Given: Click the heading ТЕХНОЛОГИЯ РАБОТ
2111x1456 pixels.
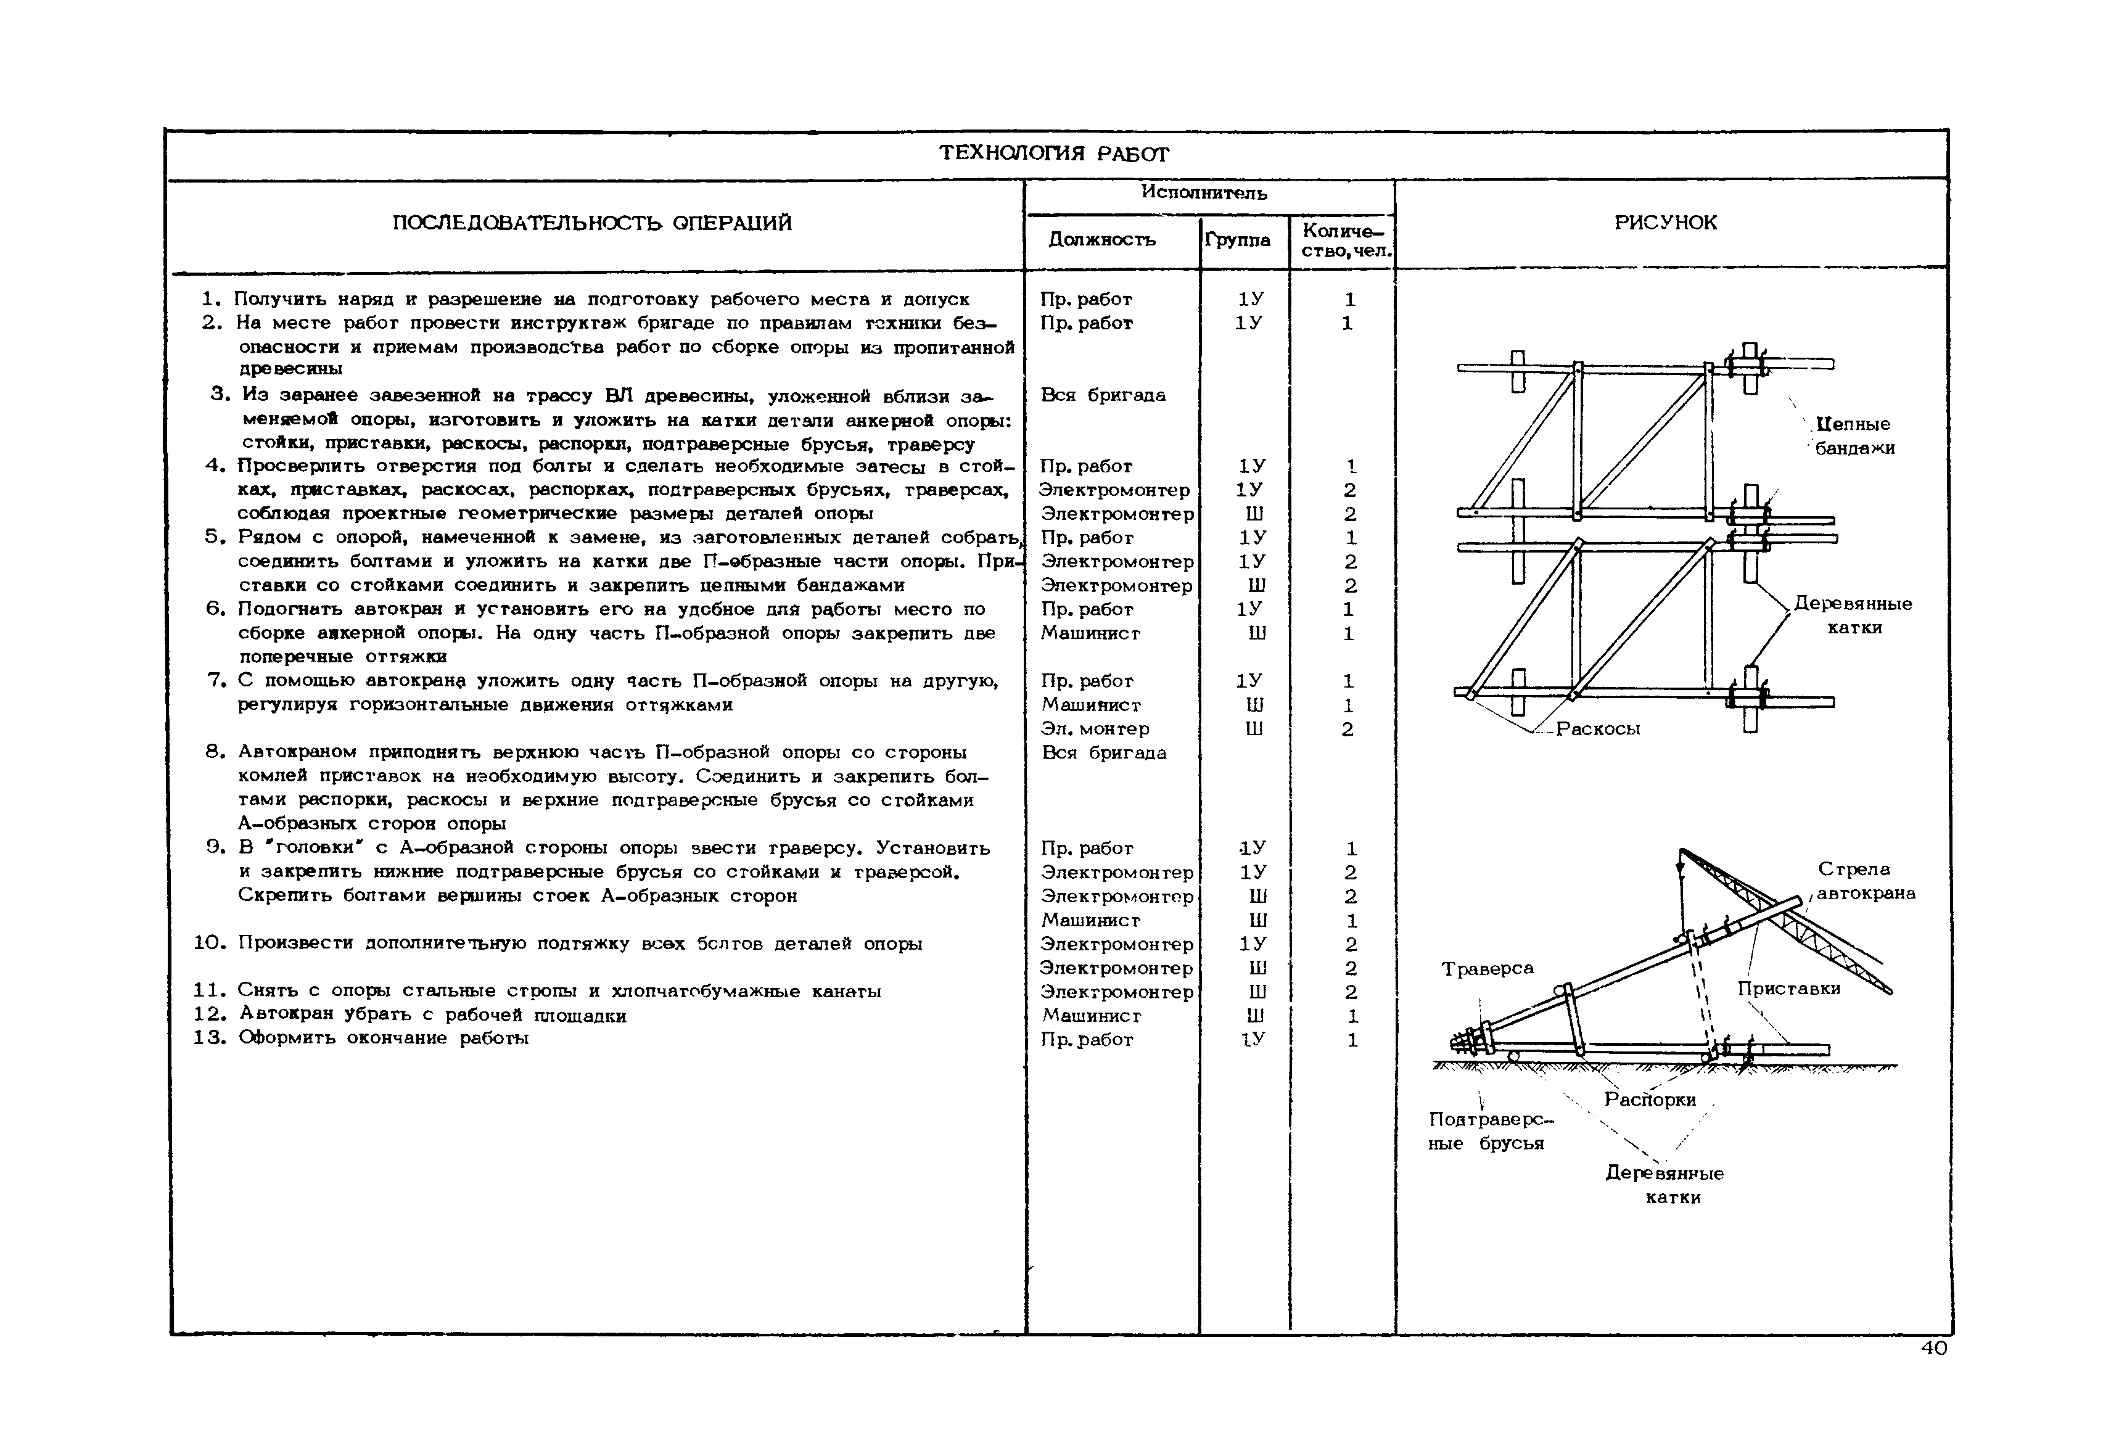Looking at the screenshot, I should click(x=1054, y=154).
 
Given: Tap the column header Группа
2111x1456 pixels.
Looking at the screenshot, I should click(x=1237, y=240).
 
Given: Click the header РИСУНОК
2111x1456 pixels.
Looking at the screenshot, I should click(x=1665, y=223).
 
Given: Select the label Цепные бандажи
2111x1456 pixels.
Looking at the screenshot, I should click(x=1854, y=436).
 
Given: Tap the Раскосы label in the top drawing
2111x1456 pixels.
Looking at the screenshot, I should click(x=1599, y=729).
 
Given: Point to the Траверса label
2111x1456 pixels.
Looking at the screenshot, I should click(x=1488, y=969).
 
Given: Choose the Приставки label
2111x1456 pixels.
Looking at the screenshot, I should click(x=1789, y=989).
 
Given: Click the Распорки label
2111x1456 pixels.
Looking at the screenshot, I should click(x=1650, y=1100).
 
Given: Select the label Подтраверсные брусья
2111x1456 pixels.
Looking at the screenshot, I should click(x=1490, y=1131).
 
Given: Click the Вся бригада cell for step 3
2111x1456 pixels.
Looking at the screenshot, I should click(x=1103, y=395).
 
